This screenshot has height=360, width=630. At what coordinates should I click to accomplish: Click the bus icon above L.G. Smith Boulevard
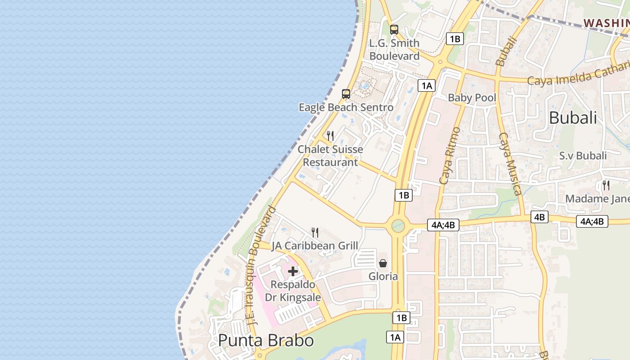pyautogui.click(x=394, y=30)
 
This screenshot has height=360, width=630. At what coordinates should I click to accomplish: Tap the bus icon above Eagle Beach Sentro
pyautogui.click(x=346, y=94)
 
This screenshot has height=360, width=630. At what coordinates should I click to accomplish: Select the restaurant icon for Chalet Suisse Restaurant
pyautogui.click(x=330, y=135)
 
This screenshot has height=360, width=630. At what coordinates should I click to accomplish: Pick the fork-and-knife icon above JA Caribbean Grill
pyautogui.click(x=315, y=232)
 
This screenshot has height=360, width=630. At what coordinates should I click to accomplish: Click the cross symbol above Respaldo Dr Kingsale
pyautogui.click(x=293, y=271)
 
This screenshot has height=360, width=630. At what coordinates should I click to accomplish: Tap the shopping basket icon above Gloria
pyautogui.click(x=383, y=263)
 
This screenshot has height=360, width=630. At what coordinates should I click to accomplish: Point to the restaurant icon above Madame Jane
pyautogui.click(x=606, y=185)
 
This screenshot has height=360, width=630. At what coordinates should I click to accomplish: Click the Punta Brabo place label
pyautogui.click(x=265, y=340)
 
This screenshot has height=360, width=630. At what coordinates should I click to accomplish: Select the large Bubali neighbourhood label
pyautogui.click(x=573, y=118)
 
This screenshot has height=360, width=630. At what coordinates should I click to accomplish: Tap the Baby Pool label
pyautogui.click(x=472, y=98)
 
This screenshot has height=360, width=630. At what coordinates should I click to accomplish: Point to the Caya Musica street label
pyautogui.click(x=511, y=163)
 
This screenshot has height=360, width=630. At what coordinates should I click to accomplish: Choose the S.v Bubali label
pyautogui.click(x=583, y=156)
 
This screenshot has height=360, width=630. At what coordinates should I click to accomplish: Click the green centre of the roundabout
pyautogui.click(x=398, y=225)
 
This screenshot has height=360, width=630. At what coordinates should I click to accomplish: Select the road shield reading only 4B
pyautogui.click(x=539, y=217)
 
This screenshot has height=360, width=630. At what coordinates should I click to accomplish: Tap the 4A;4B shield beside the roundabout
pyautogui.click(x=443, y=225)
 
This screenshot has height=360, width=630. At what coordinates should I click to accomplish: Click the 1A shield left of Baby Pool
pyautogui.click(x=427, y=85)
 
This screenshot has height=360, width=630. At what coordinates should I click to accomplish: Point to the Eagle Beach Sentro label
pyautogui.click(x=346, y=108)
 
